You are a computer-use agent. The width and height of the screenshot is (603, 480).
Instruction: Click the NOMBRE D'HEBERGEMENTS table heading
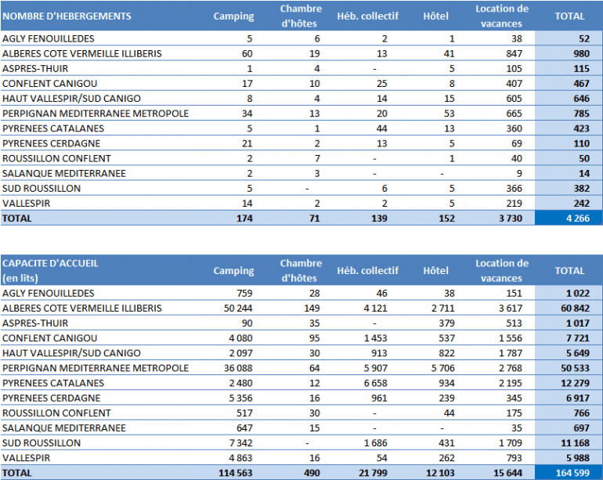point(67,16)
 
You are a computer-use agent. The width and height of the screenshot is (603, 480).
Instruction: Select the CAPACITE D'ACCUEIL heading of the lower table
point(50,264)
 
